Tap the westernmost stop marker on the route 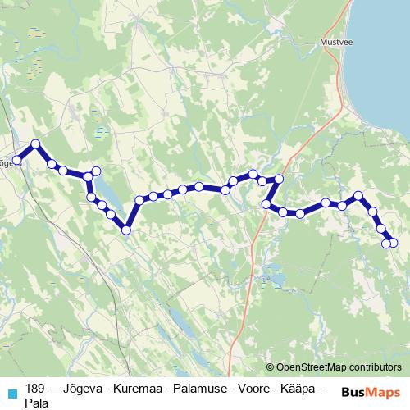point(16,160)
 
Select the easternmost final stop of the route point(393,242)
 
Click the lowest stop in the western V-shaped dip point(126,230)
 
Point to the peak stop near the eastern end point(358,196)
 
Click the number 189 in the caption point(35,389)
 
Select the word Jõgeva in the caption point(88,389)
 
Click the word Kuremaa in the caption point(146,389)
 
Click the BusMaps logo point(370,392)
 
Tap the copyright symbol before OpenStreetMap point(271,367)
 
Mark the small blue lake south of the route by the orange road point(277,279)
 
